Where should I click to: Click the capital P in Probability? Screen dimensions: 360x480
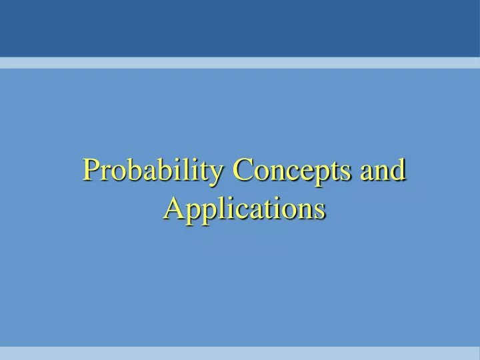click(91, 171)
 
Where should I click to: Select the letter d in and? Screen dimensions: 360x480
click(399, 171)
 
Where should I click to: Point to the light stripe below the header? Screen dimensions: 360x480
click(240, 63)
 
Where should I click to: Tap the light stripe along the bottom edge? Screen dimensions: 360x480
click(240, 353)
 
